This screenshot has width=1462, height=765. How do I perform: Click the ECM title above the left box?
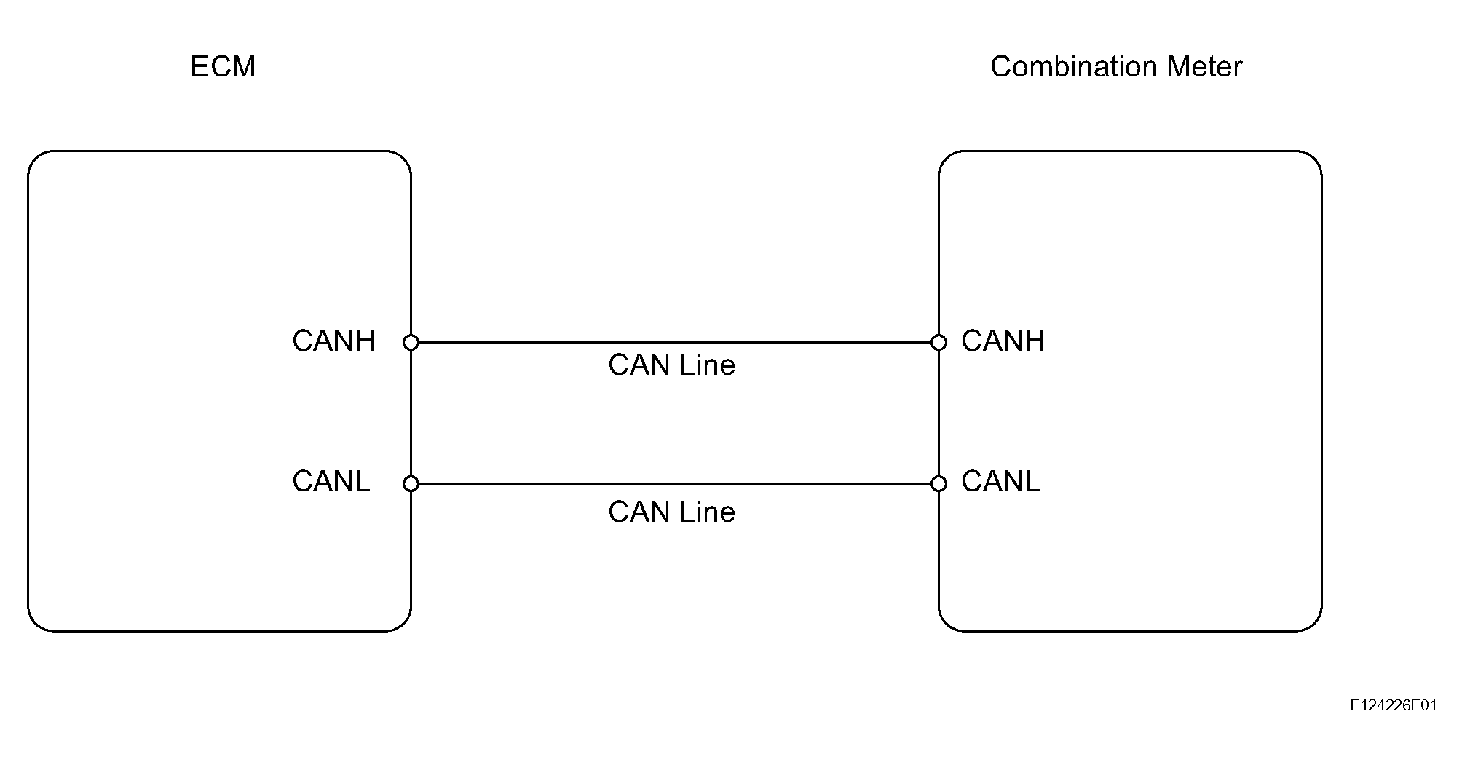click(x=223, y=67)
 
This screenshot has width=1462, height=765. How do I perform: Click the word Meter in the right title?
click(x=1204, y=67)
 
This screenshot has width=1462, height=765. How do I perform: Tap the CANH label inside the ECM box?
click(x=333, y=341)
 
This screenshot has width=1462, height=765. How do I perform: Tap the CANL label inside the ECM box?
click(x=331, y=482)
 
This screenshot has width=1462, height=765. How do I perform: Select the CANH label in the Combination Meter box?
click(x=1003, y=341)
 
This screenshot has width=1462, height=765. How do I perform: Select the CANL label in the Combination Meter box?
click(x=1000, y=482)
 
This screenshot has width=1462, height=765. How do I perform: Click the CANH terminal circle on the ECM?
click(x=411, y=342)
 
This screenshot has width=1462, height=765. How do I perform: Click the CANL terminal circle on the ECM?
click(x=411, y=483)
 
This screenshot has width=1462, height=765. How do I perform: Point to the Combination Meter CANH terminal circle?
click(x=939, y=342)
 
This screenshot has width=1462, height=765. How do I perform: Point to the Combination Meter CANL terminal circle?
click(x=939, y=483)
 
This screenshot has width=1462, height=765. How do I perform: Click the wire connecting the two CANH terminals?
click(x=675, y=342)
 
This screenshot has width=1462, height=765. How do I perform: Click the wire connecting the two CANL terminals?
click(x=675, y=483)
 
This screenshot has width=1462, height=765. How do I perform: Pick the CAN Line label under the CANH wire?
click(x=671, y=365)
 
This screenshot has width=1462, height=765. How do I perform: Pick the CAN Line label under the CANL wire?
click(x=671, y=512)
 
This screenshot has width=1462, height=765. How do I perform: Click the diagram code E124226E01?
click(x=1394, y=705)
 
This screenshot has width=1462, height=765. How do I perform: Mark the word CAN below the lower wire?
click(x=638, y=512)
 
